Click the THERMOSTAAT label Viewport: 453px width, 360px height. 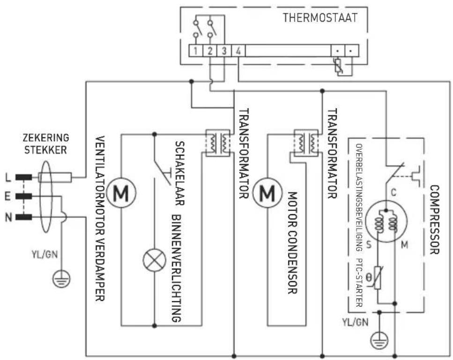[x=320, y=18]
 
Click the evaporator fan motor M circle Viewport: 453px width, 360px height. [x=120, y=193]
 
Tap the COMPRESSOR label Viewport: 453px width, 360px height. [x=434, y=219]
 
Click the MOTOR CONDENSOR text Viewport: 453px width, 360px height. [x=291, y=242]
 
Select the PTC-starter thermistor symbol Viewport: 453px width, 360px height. [x=379, y=281]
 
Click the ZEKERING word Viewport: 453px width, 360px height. [x=46, y=138]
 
